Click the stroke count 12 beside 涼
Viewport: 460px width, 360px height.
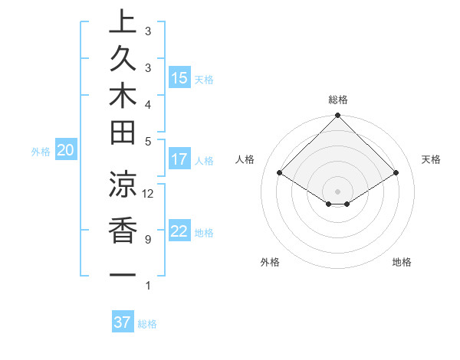148,193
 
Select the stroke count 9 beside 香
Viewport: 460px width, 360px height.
147,240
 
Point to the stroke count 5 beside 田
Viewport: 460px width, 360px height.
147,141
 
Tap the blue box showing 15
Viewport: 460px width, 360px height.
179,78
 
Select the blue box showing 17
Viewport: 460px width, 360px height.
179,159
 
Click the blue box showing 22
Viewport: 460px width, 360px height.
179,231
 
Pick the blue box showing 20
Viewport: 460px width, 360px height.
65,151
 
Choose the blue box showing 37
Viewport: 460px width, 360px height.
122,322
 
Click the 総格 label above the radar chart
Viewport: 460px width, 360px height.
338,100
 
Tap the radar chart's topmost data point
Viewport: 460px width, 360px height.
338,116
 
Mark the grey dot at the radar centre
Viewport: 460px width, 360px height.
338,191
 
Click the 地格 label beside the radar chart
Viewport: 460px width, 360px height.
402,262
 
